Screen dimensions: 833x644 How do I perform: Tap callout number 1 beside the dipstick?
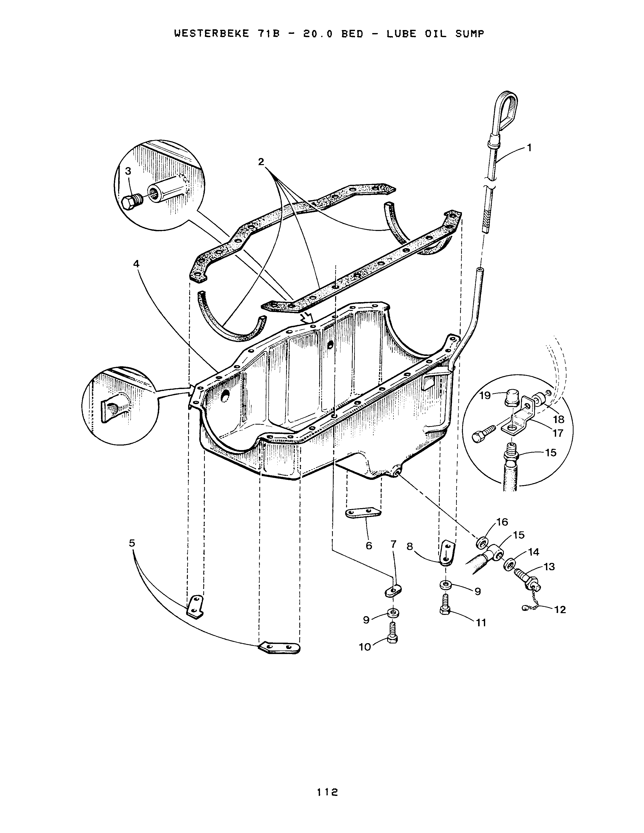(529, 148)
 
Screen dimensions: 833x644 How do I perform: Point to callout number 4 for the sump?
(136, 264)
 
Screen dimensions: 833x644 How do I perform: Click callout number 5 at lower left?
(132, 543)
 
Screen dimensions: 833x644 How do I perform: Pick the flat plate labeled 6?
(363, 513)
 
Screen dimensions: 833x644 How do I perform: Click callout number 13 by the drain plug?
(549, 567)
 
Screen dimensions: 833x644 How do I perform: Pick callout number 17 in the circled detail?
(557, 433)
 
